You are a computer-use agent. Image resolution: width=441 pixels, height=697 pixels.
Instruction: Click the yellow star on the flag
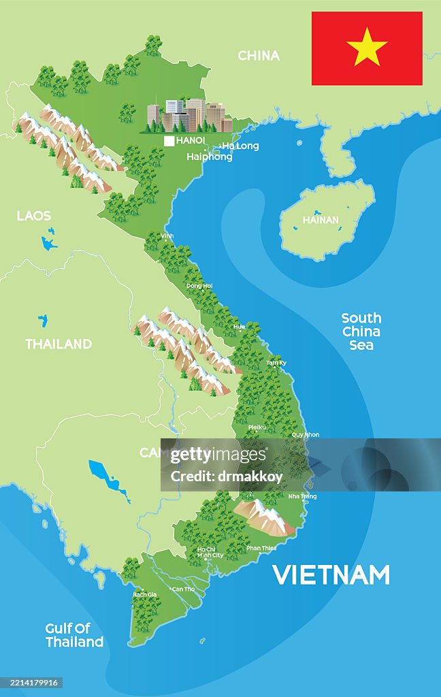pyautogui.click(x=367, y=47)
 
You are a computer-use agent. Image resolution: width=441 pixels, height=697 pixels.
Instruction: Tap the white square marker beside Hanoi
pyautogui.click(x=169, y=141)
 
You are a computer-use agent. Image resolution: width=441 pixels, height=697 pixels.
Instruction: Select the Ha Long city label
pyautogui.click(x=240, y=146)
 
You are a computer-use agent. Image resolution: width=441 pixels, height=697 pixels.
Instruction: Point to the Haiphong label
pyautogui.click(x=210, y=157)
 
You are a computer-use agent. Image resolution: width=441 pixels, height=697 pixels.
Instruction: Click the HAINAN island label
pyautogui.click(x=321, y=220)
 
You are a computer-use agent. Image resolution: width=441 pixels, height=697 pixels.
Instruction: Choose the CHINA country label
pyautogui.click(x=259, y=56)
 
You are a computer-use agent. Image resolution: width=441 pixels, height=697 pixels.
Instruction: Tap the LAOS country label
pyautogui.click(x=34, y=216)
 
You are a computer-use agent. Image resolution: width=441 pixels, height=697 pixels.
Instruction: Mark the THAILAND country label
pyautogui.click(x=59, y=344)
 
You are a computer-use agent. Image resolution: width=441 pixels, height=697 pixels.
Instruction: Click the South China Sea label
pyautogui.click(x=361, y=331)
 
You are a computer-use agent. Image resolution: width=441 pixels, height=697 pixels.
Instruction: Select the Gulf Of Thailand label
pyautogui.click(x=74, y=635)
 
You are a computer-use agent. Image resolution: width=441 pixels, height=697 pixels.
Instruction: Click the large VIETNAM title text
pyautogui.click(x=331, y=575)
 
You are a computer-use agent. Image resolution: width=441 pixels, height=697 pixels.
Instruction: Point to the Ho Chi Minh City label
pyautogui.click(x=210, y=552)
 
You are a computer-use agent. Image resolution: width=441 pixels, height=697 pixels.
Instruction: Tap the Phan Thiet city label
pyautogui.click(x=261, y=548)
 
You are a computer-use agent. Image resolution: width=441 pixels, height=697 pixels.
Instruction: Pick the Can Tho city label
pyautogui.click(x=183, y=589)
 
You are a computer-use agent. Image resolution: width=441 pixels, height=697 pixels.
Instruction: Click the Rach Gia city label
pyautogui.click(x=144, y=594)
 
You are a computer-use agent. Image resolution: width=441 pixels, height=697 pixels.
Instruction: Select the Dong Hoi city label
pyautogui.click(x=199, y=286)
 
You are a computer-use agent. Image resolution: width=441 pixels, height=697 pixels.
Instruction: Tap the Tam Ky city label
pyautogui.click(x=276, y=363)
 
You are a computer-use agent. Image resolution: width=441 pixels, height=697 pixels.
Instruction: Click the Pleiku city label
pyautogui.click(x=257, y=427)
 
